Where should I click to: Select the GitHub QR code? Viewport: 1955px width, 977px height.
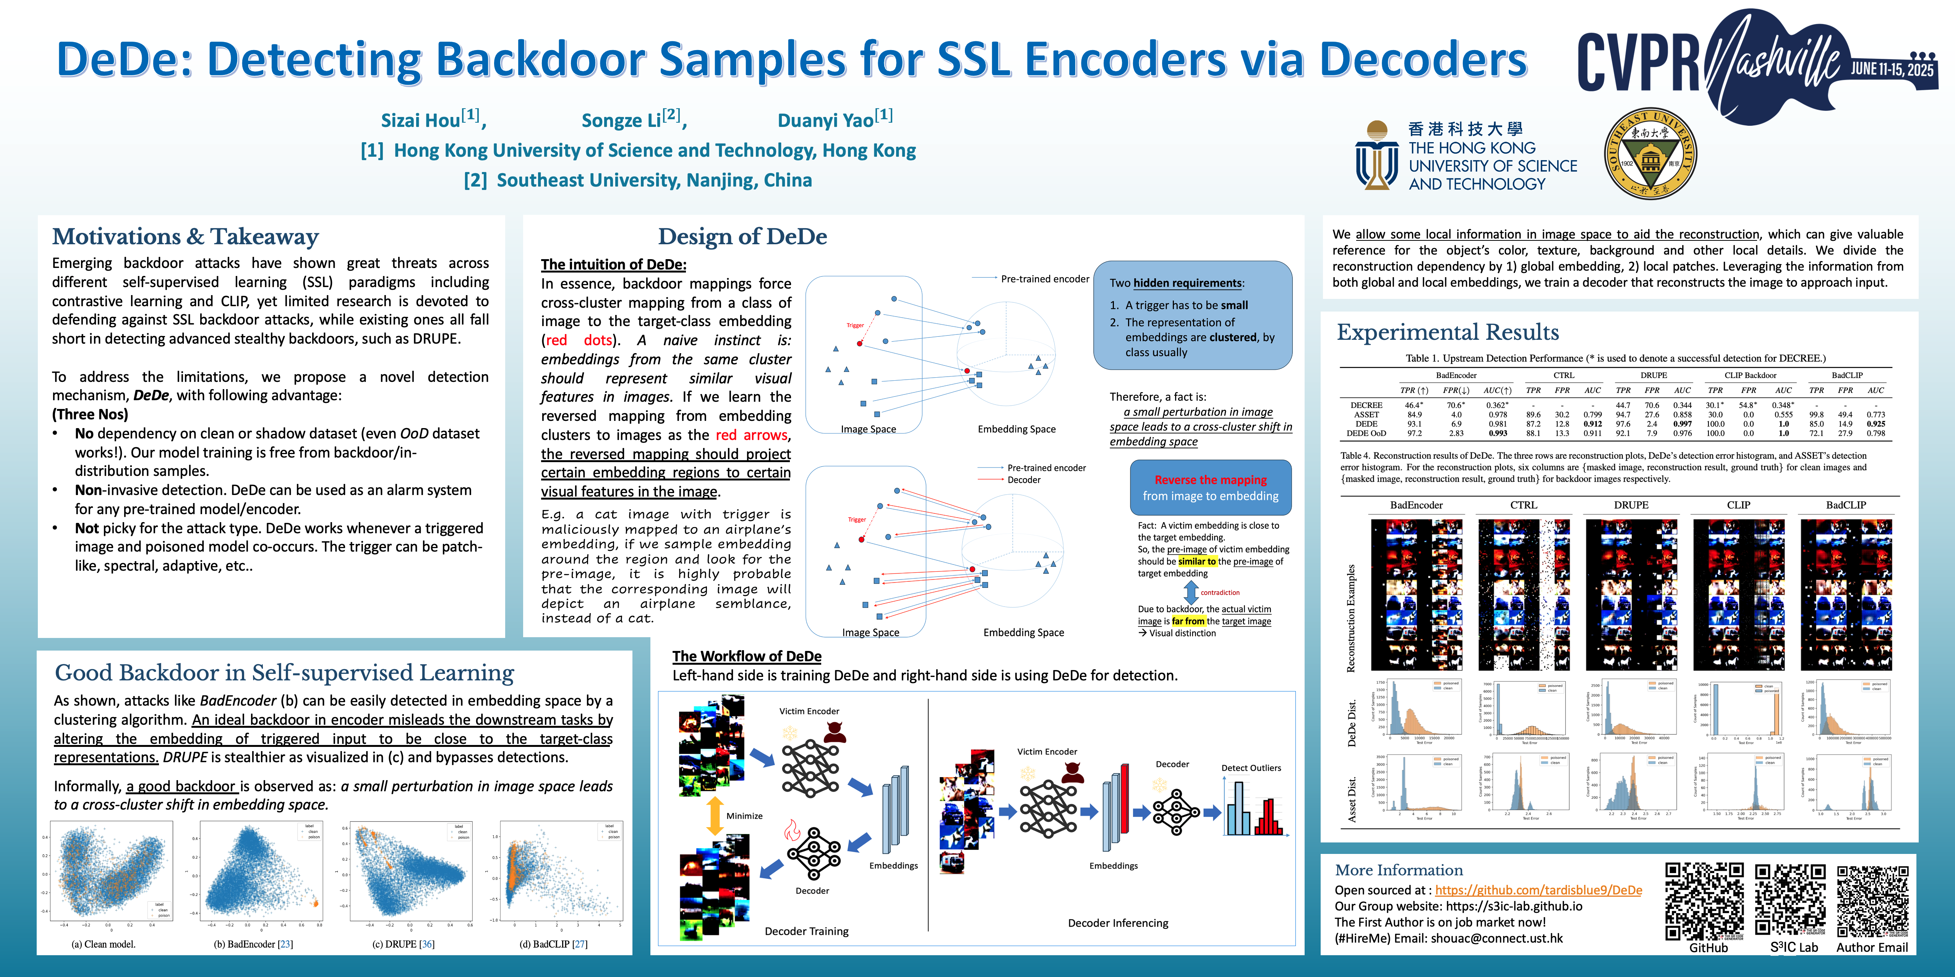(1705, 901)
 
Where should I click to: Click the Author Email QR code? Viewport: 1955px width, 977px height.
(1872, 901)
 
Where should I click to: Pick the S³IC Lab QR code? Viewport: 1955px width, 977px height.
(1790, 901)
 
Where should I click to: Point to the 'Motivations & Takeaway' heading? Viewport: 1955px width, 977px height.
(185, 237)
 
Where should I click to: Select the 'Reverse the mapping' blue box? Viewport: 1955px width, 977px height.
(1211, 487)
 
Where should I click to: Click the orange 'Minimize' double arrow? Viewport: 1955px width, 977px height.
(714, 816)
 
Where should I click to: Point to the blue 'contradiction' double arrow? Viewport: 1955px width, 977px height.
(1191, 592)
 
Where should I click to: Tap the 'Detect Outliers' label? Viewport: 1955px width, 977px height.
(1251, 768)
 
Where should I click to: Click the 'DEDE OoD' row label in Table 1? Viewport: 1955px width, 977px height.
(1366, 433)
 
